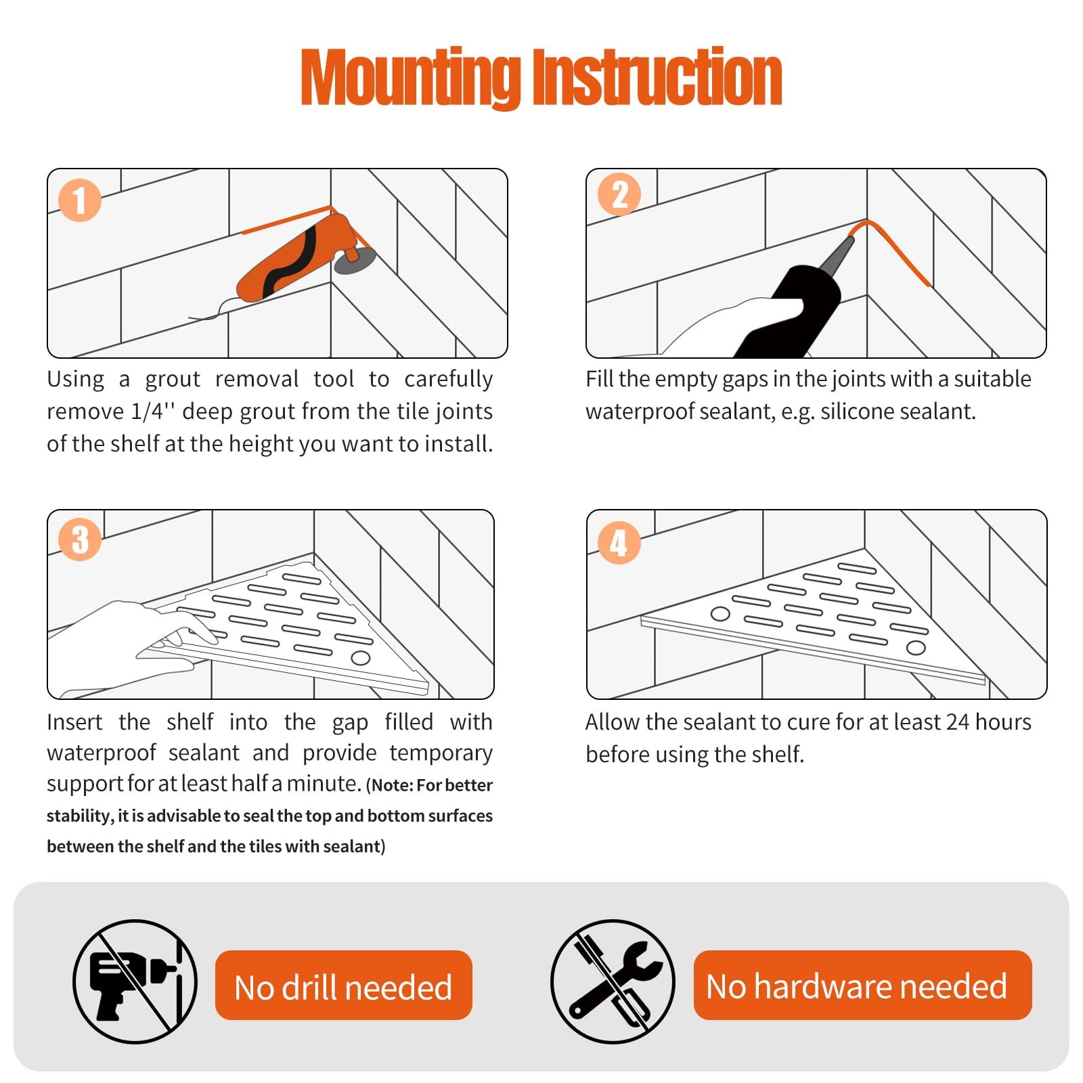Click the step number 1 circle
click(80, 200)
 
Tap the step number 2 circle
click(619, 194)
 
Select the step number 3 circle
click(80, 539)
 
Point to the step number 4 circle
click(619, 543)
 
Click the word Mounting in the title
click(410, 78)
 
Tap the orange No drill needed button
click(343, 985)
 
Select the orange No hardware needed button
click(862, 985)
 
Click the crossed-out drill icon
click(135, 981)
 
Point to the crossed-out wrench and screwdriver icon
click(613, 981)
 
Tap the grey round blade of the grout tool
click(355, 261)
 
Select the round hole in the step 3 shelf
click(360, 658)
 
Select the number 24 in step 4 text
click(958, 722)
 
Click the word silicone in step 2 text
click(852, 411)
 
